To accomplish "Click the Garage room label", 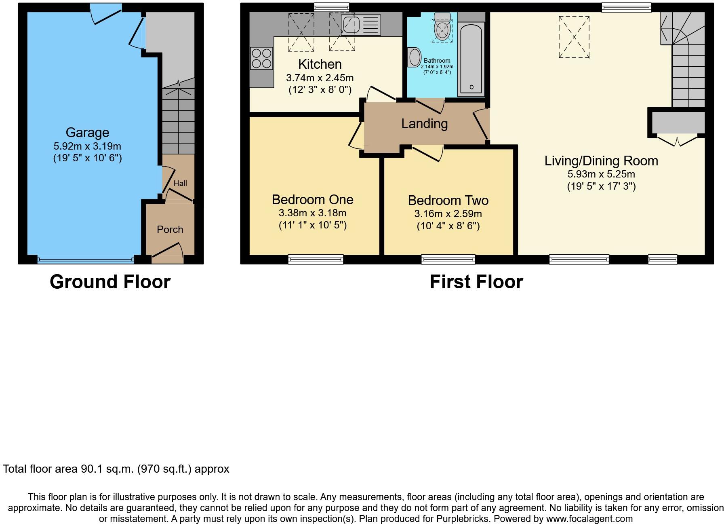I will (x=87, y=133).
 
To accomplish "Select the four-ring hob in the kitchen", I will (x=261, y=59).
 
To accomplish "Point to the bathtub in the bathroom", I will (x=471, y=59).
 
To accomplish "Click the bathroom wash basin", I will (x=415, y=57).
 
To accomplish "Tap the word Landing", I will (x=424, y=124).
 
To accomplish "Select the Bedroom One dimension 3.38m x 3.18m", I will (x=312, y=213).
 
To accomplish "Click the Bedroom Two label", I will (x=448, y=201).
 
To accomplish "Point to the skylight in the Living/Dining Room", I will (x=574, y=37).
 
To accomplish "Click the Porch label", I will (x=170, y=230).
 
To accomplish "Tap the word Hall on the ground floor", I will (x=180, y=183).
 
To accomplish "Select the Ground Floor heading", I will (x=110, y=282).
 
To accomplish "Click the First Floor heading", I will (x=476, y=282).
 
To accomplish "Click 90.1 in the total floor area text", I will (x=91, y=469).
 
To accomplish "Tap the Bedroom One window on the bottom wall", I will (x=316, y=259).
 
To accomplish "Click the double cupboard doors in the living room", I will (x=677, y=140).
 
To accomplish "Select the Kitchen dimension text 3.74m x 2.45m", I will (x=320, y=78).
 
